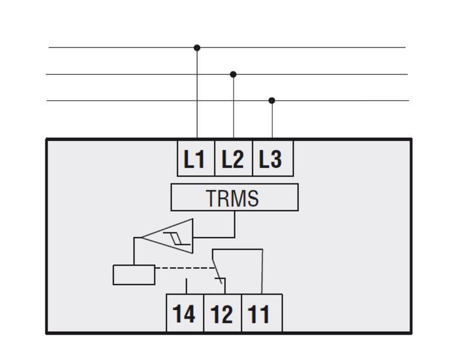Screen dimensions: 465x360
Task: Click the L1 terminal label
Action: coord(194,159)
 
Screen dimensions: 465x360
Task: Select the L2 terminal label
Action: coord(233,159)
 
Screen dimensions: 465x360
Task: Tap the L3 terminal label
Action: coord(270,159)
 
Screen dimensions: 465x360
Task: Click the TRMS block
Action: coord(235,197)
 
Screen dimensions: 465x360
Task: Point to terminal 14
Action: coord(184,313)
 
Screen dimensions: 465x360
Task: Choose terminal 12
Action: coord(223,313)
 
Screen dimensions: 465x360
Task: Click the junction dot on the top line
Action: coord(197,48)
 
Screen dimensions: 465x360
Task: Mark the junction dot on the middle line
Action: coord(233,74)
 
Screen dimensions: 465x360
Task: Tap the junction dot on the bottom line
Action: coord(272,101)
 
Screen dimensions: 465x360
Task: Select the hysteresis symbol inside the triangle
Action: coord(176,239)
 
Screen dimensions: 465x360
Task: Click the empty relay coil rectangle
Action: coord(134,275)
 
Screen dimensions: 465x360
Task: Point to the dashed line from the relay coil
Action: coord(184,268)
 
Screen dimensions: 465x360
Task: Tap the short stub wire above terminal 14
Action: coord(186,286)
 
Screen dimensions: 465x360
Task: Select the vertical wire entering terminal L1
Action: coord(197,93)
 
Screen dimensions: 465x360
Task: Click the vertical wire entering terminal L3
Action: coord(272,119)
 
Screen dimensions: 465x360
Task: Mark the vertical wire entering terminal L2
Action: coord(233,106)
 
